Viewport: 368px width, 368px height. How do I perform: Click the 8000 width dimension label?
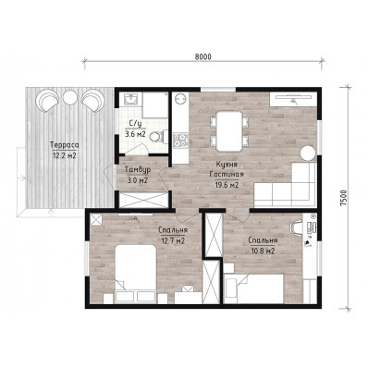[203, 56]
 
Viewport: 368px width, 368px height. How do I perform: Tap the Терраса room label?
[64, 145]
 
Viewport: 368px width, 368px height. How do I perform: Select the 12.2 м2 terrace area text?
[64, 155]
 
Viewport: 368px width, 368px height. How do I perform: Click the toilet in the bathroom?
[161, 136]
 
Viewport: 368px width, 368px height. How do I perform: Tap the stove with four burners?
[180, 140]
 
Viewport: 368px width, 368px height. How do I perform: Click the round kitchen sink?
[180, 99]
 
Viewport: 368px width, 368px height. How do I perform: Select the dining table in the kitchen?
[229, 131]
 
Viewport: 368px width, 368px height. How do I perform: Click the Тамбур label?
[138, 170]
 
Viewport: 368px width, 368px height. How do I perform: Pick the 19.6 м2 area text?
[227, 185]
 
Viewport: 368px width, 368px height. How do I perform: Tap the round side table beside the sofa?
[308, 153]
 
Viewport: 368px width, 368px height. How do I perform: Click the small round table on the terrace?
[70, 97]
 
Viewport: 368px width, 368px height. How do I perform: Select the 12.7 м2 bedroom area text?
[173, 240]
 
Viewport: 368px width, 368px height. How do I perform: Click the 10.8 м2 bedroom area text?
[263, 251]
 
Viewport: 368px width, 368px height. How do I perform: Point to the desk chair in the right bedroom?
[296, 227]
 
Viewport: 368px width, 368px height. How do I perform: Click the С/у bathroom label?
[135, 124]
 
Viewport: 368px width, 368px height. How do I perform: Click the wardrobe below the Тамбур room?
[143, 201]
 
